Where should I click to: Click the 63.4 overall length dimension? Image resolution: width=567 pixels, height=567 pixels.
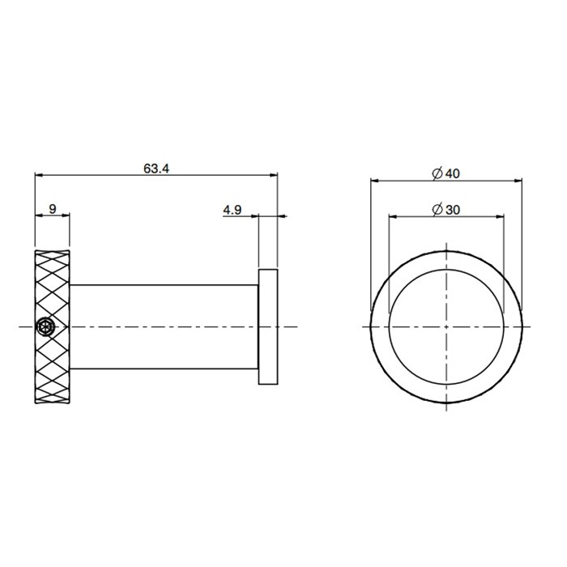(x=156, y=168)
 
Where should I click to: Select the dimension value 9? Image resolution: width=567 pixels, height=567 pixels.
(x=53, y=209)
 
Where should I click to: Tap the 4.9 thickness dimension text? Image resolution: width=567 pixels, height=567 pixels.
(x=232, y=210)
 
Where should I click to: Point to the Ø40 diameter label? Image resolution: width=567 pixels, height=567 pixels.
(x=446, y=173)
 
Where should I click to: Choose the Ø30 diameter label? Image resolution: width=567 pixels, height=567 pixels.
(x=446, y=210)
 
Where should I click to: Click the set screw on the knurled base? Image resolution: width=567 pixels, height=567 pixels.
(x=45, y=326)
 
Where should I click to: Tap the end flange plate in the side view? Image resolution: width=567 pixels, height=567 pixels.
(x=269, y=326)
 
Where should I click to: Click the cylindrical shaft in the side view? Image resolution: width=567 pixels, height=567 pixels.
(x=162, y=326)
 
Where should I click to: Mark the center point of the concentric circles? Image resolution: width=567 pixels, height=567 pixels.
(x=446, y=326)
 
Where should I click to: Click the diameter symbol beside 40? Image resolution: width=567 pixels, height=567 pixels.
(x=437, y=173)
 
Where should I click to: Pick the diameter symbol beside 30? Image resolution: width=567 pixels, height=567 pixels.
(x=437, y=210)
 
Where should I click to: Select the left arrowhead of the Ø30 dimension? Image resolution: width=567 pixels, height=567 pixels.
(x=393, y=215)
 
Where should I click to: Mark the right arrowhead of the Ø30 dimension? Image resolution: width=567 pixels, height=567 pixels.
(x=500, y=215)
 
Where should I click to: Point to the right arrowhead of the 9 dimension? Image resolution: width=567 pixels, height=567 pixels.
(x=66, y=215)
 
